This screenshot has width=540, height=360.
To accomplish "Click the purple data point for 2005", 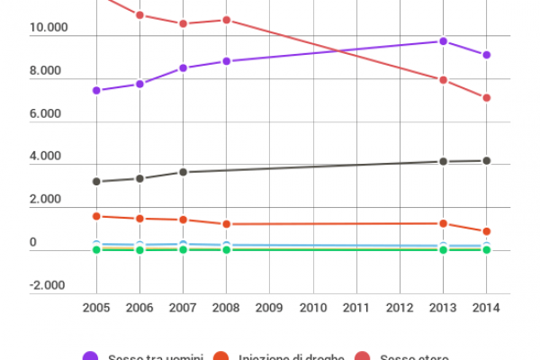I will [96, 90].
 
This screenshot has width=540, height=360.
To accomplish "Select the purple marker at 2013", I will [443, 41].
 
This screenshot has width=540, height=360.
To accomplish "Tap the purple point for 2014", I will [486, 55].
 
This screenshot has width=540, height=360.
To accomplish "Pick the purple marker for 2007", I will [183, 67].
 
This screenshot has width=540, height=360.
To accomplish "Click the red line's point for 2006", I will [139, 15].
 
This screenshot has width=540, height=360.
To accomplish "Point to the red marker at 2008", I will [227, 20].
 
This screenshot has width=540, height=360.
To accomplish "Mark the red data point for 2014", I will [486, 97].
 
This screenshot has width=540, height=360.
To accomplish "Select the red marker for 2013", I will [443, 80].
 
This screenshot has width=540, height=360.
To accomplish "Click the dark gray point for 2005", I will [96, 182].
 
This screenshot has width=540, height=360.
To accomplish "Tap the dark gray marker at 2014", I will [486, 160].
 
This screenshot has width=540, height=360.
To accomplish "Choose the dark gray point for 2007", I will [183, 171].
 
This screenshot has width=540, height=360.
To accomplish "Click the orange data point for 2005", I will [96, 216].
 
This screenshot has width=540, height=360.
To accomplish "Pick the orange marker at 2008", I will [227, 224].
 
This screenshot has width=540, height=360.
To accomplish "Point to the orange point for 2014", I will [486, 231].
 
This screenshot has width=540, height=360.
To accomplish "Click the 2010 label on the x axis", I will [313, 308].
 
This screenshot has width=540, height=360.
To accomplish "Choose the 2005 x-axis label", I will [96, 308].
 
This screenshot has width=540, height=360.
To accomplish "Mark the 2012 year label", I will [400, 308].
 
